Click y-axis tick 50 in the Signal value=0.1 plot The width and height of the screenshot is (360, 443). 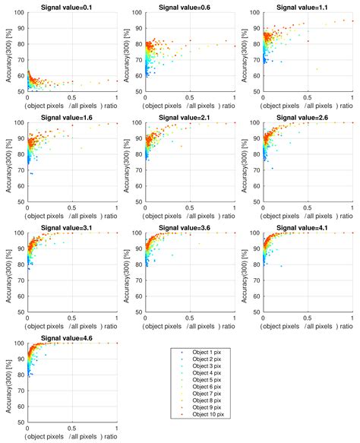21,92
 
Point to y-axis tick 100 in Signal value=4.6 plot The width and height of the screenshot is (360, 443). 20,343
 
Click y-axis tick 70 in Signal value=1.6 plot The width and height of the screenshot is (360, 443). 21,170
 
